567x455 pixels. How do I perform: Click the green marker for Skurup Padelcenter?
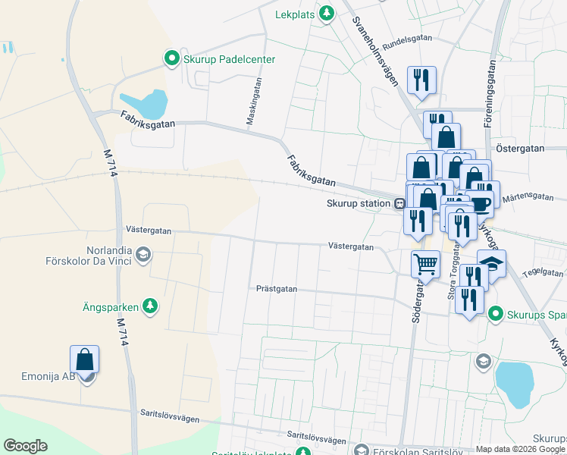click(x=172, y=58)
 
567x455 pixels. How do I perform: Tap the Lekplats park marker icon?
click(x=327, y=13)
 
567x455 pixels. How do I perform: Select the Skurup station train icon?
click(x=399, y=203)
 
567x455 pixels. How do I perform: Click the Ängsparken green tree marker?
click(x=151, y=306)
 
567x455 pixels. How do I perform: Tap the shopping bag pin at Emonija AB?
click(x=85, y=359)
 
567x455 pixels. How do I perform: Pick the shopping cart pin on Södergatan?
click(x=425, y=264)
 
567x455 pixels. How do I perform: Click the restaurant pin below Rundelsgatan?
click(x=421, y=80)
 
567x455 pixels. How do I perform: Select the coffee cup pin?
click(x=479, y=203)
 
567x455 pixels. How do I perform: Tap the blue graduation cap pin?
click(x=492, y=264)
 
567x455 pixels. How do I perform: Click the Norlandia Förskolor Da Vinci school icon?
click(x=143, y=256)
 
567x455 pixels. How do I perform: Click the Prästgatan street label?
click(x=277, y=289)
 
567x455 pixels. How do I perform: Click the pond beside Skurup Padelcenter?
click(x=144, y=103)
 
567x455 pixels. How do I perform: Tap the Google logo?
click(x=25, y=446)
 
